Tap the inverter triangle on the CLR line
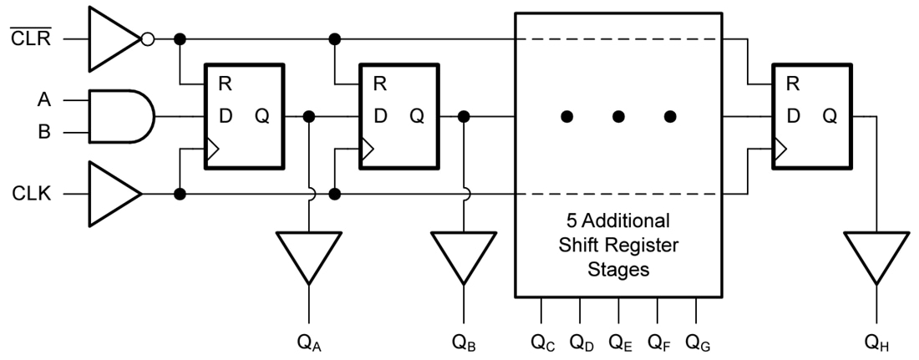coord(113,38)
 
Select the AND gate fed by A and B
coord(121,116)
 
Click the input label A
coord(44,100)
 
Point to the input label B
coord(44,133)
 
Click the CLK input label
coord(32,195)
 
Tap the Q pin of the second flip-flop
coord(417,116)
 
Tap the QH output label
coord(877,342)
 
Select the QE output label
coord(620,342)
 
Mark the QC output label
coord(542,342)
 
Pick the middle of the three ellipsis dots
coord(618,117)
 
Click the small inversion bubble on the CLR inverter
coord(148,38)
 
